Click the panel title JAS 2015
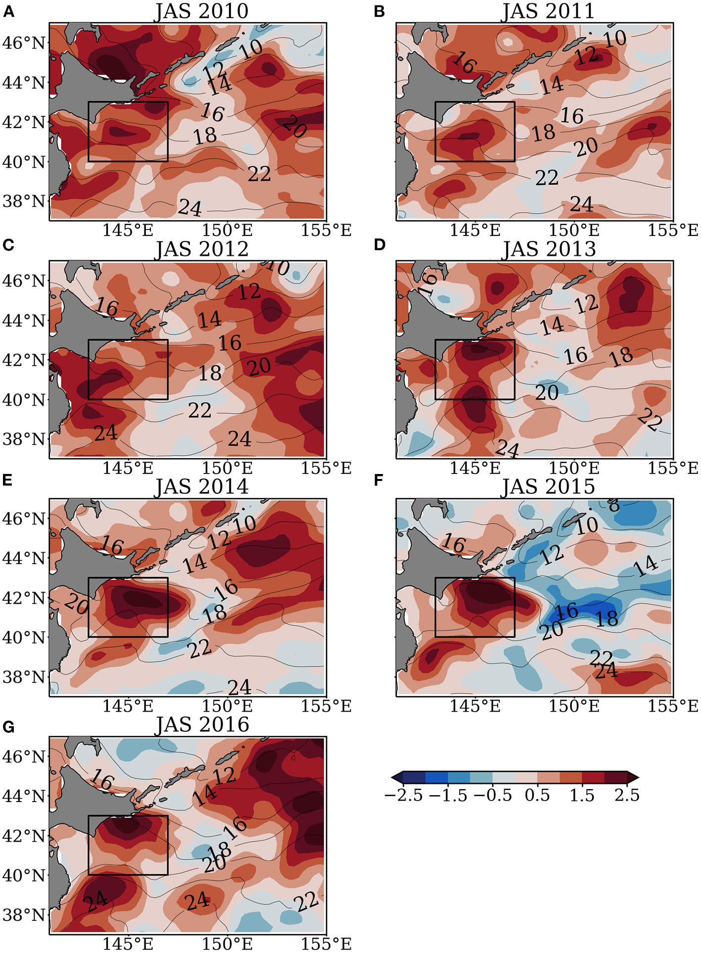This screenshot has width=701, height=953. click(x=548, y=487)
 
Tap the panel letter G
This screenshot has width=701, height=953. click(x=8, y=727)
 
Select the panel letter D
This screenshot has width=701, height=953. click(x=379, y=245)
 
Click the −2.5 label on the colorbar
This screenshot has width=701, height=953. click(x=403, y=795)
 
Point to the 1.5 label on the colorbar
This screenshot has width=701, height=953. click(x=582, y=795)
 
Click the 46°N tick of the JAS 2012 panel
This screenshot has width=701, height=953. click(x=24, y=281)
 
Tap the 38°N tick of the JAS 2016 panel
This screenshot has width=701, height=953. click(x=24, y=915)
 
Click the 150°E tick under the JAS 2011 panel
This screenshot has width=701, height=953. click(x=574, y=230)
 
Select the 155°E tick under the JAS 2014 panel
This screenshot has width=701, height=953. click(x=326, y=706)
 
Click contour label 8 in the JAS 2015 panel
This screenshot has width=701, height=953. click(x=613, y=505)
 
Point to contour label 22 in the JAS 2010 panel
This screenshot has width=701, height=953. click(x=259, y=174)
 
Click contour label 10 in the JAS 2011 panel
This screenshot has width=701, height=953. click(x=614, y=39)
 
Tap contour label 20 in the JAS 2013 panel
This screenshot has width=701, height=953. click(x=547, y=393)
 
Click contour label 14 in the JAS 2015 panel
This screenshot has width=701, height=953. click(x=646, y=566)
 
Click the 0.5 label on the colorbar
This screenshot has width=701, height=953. click(x=537, y=795)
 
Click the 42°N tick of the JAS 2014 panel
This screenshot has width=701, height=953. click(x=24, y=598)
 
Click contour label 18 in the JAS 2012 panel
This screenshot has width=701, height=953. click(x=210, y=373)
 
